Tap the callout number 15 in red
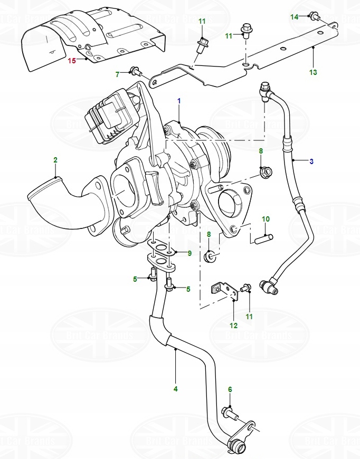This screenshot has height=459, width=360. click(72, 61)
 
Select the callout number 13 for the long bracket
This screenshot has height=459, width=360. click(313, 72)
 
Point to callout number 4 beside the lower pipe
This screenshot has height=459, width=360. click(175, 389)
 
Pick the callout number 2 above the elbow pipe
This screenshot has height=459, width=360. click(55, 159)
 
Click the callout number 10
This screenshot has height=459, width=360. click(266, 218)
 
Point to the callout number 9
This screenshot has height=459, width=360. click(190, 253)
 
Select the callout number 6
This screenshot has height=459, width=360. click(230, 389)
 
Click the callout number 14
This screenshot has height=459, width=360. click(294, 17)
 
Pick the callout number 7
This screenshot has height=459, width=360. click(118, 75)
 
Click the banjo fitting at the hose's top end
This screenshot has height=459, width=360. click(266, 91)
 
